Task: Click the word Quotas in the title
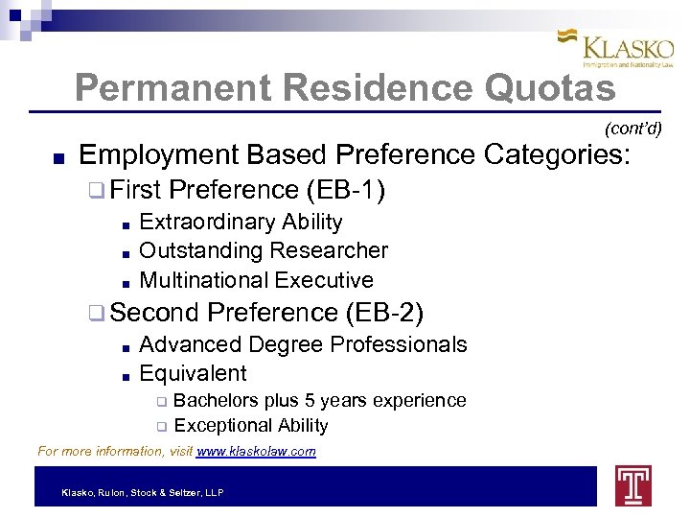point(550,88)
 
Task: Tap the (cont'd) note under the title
point(632,128)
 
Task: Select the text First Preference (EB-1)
point(247,190)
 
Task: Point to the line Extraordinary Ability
point(241,222)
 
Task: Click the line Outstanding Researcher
point(264,250)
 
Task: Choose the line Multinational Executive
point(256,280)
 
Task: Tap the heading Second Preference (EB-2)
point(266,312)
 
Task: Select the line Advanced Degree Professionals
point(303,343)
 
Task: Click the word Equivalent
point(193,373)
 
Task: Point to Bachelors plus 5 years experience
point(320,400)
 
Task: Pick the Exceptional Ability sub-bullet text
point(251,425)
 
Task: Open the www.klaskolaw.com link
point(256,451)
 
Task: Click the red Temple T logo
point(632,485)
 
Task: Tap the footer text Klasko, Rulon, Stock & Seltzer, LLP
point(142,492)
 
